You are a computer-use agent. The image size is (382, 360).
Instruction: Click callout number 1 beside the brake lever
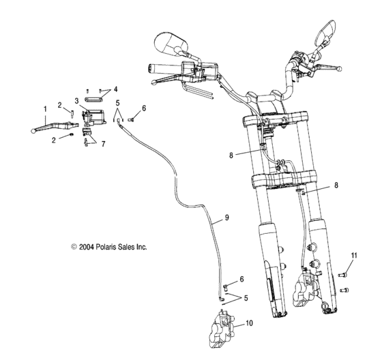[45, 108]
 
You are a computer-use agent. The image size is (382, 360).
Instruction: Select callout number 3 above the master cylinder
[77, 100]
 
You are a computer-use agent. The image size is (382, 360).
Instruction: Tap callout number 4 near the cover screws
[115, 89]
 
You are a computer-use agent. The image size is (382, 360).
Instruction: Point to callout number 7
[104, 145]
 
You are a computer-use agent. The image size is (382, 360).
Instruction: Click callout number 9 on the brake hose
[226, 220]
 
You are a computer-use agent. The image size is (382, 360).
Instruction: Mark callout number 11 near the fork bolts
[354, 255]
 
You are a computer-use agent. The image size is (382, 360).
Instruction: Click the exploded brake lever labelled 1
[54, 125]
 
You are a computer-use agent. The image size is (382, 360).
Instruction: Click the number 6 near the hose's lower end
[241, 280]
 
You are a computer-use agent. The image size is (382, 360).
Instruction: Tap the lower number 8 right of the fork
[336, 185]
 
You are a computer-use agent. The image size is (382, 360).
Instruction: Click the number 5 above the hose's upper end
[117, 104]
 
